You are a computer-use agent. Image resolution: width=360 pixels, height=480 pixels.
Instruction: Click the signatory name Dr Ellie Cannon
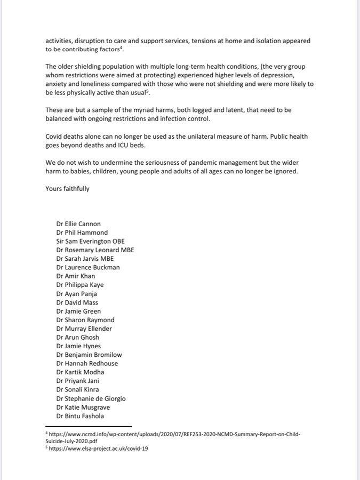pyautogui.click(x=78, y=224)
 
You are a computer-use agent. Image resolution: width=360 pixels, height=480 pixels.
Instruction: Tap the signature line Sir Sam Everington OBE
pyautogui.click(x=90, y=242)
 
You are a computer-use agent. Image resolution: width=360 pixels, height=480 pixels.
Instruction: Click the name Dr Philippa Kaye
pyautogui.click(x=80, y=285)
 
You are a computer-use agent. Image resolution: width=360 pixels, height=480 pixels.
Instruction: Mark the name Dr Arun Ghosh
pyautogui.click(x=77, y=337)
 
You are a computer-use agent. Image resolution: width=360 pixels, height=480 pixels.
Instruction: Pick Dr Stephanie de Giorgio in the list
pyautogui.click(x=91, y=398)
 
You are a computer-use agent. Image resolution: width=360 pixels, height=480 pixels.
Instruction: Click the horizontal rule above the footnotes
pyautogui.click(x=88, y=427)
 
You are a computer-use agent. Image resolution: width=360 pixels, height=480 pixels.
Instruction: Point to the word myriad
pyautogui.click(x=132, y=110)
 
